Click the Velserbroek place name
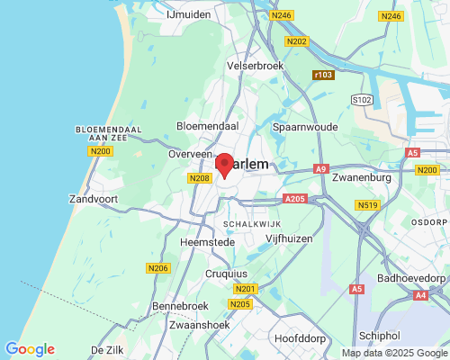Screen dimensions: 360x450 click(x=256, y=66)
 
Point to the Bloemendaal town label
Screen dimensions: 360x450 click(x=206, y=127)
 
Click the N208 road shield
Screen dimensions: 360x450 click(x=200, y=178)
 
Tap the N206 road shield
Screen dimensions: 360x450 click(x=157, y=268)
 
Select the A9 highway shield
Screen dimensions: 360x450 click(x=321, y=169)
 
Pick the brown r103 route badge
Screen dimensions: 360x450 click(x=323, y=74)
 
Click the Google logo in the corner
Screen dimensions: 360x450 click(x=30, y=349)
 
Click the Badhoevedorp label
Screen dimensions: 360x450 click(x=412, y=279)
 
